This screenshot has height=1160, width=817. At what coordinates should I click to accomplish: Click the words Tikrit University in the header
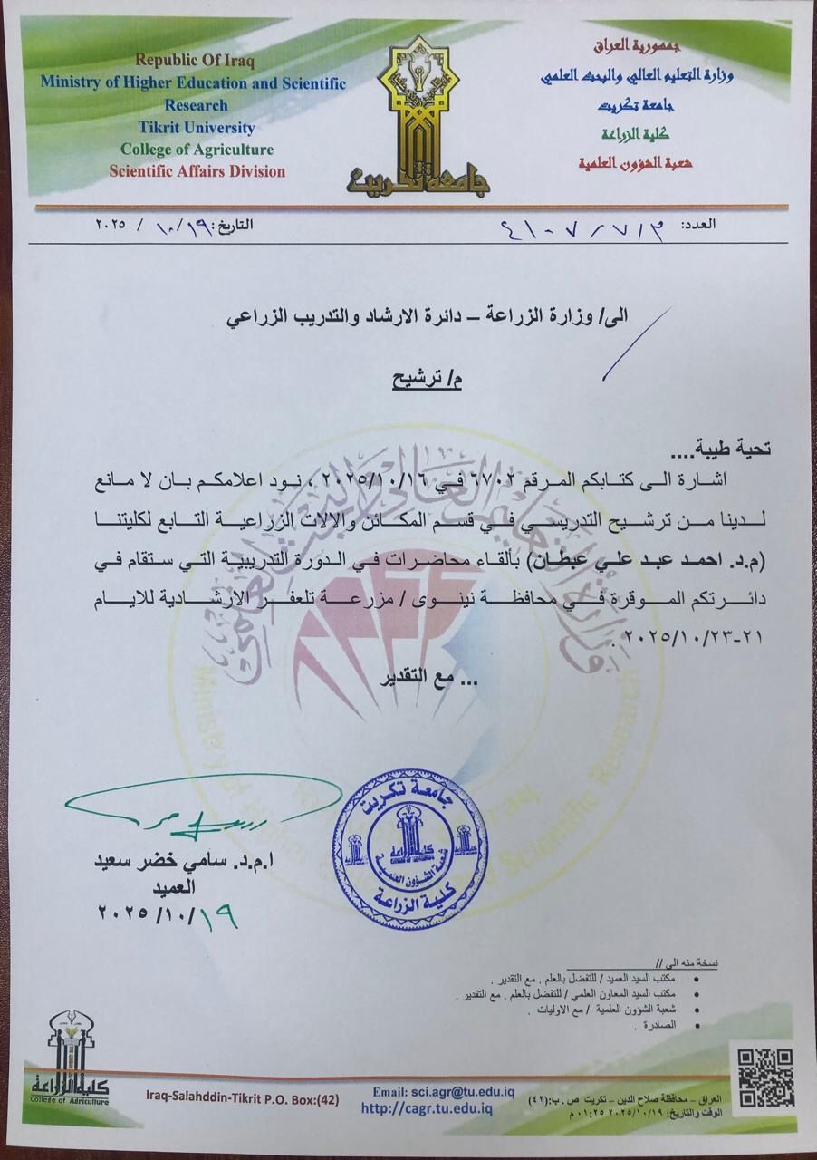coord(197,128)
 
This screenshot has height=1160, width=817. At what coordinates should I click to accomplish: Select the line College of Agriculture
coord(197,150)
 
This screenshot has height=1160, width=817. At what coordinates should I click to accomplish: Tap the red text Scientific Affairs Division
coord(197,171)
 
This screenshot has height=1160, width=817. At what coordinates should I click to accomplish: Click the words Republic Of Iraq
coord(196,61)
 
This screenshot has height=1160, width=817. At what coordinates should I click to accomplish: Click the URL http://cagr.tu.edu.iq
coord(426,1107)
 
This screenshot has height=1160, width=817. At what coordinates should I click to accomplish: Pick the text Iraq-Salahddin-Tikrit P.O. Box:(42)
coord(242,1100)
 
